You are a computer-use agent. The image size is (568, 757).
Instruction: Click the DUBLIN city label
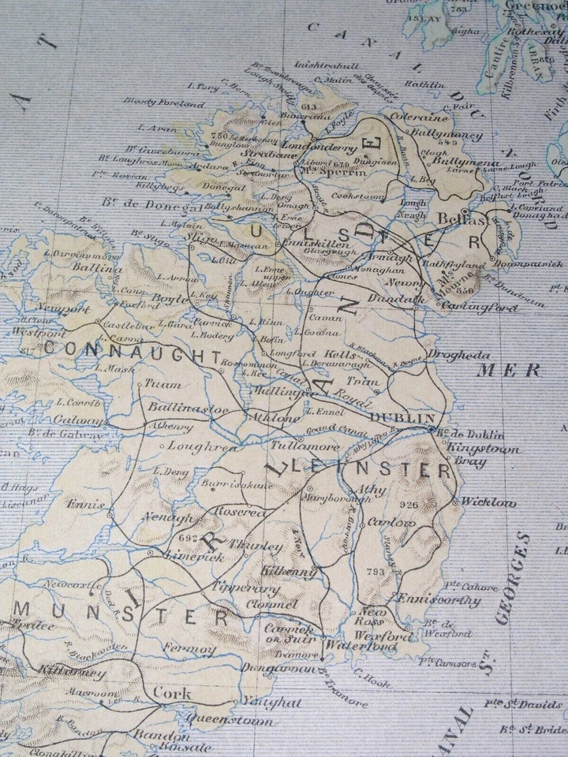[402, 417]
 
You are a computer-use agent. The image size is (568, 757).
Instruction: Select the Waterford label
[355, 647]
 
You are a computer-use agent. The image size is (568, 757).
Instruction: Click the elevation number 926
[408, 505]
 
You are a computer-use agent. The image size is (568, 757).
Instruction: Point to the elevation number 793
[377, 569]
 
